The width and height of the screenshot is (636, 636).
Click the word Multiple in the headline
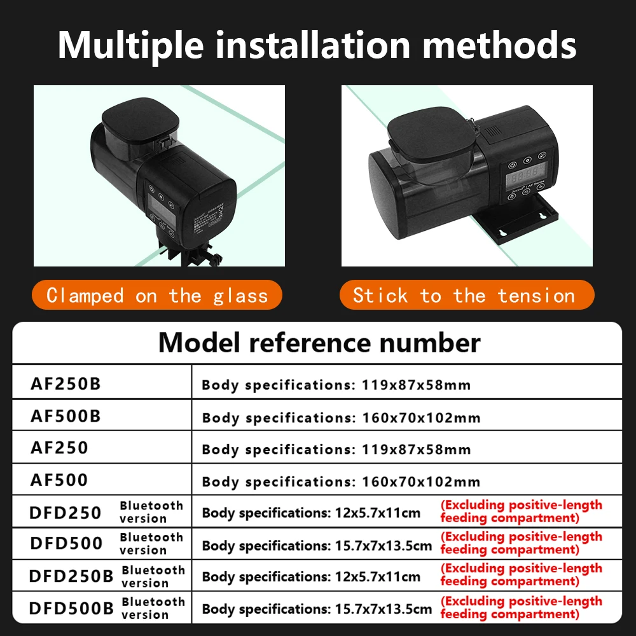coord(130,46)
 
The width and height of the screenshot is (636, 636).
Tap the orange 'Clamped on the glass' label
coord(157,295)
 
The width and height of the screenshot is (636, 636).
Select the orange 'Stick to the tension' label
coord(467,295)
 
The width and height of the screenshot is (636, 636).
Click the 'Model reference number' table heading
coord(319,343)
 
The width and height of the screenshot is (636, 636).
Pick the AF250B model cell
coord(66,384)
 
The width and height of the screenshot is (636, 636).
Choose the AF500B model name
coord(66,416)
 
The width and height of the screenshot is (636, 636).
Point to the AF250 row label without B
coord(59,448)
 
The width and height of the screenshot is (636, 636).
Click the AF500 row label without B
coord(59,480)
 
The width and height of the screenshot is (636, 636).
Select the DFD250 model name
coord(66,513)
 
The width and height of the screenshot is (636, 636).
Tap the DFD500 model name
coord(66,544)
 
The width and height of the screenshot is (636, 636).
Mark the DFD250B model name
coord(71,576)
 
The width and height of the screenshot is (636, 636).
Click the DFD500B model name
coord(71,608)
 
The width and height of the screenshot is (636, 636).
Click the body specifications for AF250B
coord(336,385)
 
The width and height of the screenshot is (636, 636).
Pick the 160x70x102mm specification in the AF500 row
coord(421,482)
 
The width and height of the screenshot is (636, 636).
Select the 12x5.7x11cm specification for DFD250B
coord(378,577)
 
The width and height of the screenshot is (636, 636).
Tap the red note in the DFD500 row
coord(522,543)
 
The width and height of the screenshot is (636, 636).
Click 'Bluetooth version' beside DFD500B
coord(153,608)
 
